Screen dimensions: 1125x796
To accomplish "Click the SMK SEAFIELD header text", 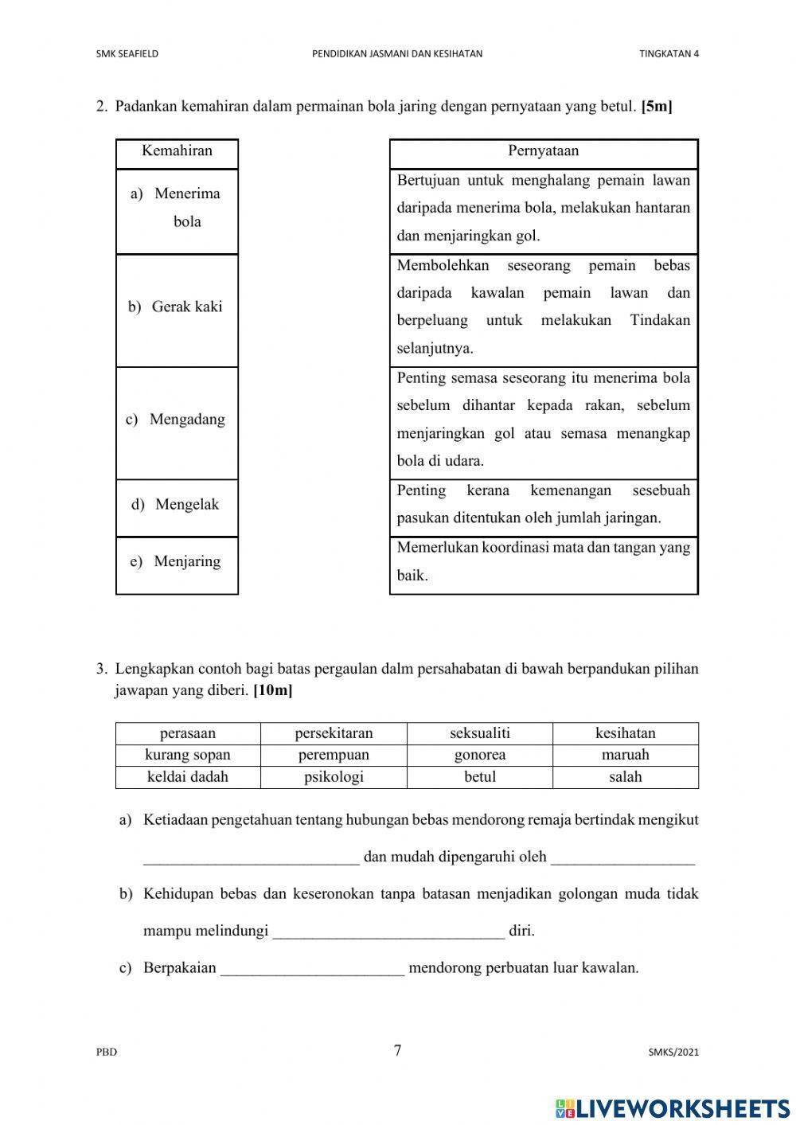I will [x=127, y=54].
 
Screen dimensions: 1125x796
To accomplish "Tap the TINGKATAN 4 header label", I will [x=669, y=54].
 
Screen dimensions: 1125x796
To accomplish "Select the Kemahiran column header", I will [x=177, y=151].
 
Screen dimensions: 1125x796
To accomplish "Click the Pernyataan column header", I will [x=543, y=151].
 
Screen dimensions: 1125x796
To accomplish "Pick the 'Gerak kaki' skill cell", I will [x=177, y=307].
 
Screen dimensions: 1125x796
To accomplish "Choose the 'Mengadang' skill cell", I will [x=177, y=420].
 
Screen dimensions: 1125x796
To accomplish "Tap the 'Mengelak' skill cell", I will [x=177, y=505].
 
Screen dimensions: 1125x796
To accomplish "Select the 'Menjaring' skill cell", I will [x=177, y=562].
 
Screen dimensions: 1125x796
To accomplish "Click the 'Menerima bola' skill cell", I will [x=177, y=208].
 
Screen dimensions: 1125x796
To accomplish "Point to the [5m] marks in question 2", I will [x=657, y=107].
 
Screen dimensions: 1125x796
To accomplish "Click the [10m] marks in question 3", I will [x=272, y=691].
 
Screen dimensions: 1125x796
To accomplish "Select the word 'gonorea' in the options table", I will [x=479, y=755].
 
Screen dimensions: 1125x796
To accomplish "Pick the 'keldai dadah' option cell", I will [x=188, y=777].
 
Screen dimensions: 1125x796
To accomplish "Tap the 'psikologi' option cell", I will [x=334, y=777].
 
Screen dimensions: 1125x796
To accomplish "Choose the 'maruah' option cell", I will [x=625, y=755].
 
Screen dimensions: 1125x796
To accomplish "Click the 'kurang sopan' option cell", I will [x=188, y=755].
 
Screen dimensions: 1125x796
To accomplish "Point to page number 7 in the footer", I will [x=397, y=1051].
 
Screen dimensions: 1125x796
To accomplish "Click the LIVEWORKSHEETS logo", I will [x=672, y=1107].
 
